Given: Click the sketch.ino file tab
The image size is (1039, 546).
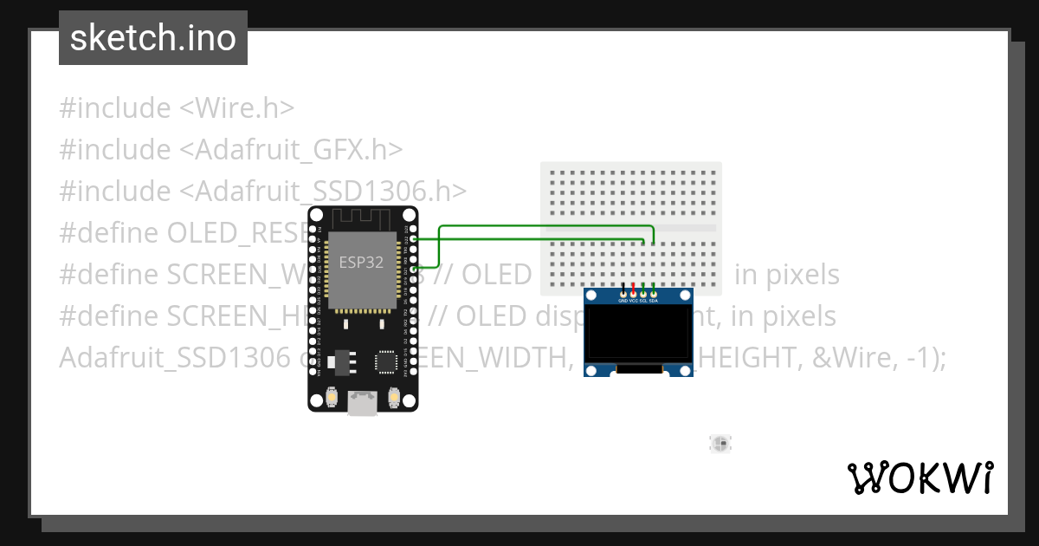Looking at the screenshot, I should point(153,38).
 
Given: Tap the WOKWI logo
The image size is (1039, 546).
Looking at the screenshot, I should point(920,478).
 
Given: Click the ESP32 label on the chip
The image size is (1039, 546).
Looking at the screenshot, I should point(362,263).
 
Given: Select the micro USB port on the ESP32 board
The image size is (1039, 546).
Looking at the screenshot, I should point(362,402).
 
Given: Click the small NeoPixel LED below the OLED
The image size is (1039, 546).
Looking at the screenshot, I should point(720,444).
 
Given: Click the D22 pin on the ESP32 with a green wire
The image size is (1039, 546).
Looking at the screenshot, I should point(414,238).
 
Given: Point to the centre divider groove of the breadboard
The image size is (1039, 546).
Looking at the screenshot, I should point(630,228).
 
